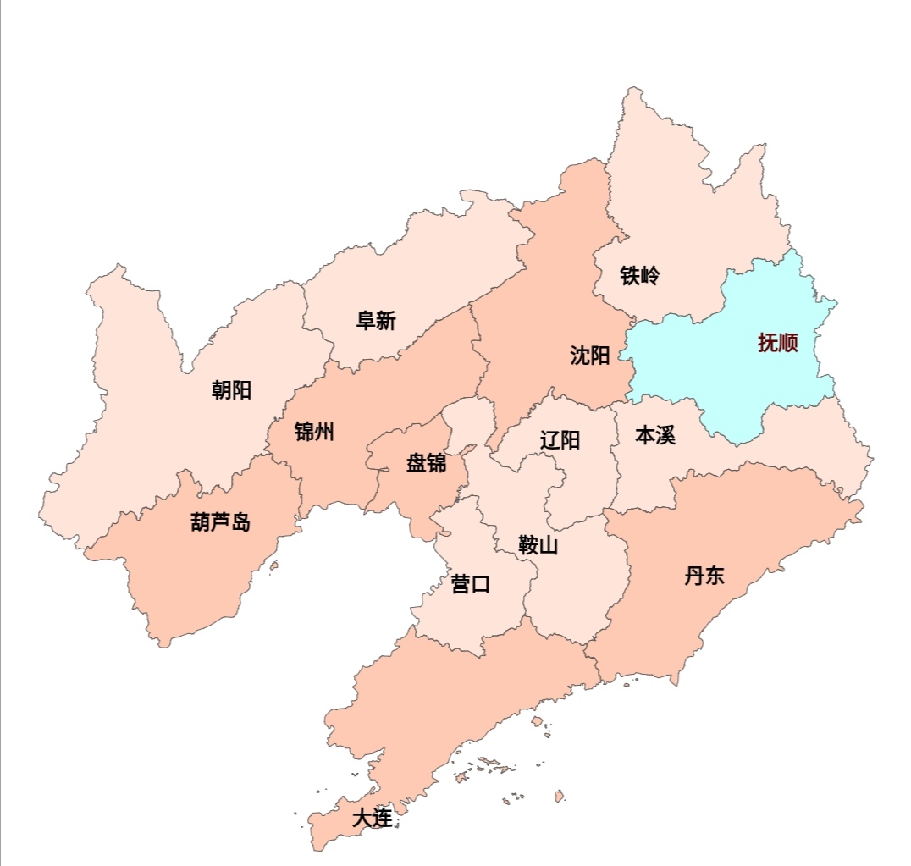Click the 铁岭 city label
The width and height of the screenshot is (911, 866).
[639, 276]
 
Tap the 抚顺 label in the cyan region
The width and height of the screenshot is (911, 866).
[778, 344]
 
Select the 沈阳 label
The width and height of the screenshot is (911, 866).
[590, 356]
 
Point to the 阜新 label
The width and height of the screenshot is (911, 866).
[376, 322]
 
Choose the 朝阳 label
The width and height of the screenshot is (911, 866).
[231, 390]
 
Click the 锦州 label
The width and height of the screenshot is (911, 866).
[314, 433]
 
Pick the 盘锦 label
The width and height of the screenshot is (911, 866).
[426, 464]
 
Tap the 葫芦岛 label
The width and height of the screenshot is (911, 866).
[220, 522]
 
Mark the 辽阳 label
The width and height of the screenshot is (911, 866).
[560, 440]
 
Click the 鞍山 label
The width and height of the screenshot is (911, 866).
[538, 546]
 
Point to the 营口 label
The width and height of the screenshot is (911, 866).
[471, 584]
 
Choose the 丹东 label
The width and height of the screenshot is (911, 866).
[704, 576]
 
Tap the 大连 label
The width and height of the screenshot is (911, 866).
[373, 819]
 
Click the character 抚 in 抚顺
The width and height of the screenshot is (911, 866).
[768, 344]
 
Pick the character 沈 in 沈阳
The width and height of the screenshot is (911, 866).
[580, 356]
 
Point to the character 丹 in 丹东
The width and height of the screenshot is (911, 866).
[694, 576]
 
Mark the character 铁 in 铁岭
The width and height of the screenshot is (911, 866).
[629, 276]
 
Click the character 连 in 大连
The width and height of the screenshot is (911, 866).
[383, 819]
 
